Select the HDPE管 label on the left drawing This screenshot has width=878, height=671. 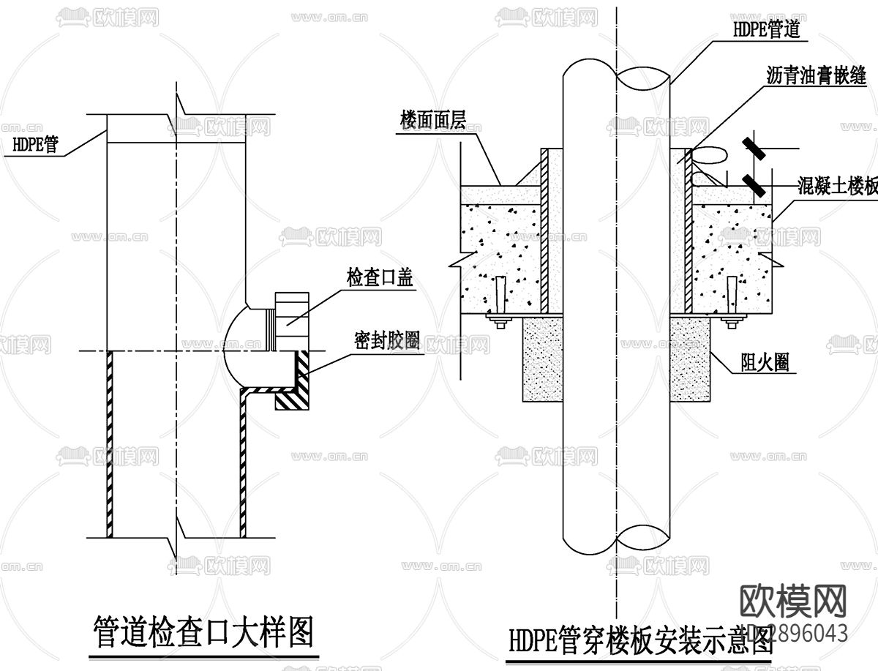click(36, 144)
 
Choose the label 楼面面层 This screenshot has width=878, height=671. click(432, 120)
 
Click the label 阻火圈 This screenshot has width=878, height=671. click(765, 361)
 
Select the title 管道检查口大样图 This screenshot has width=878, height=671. click(204, 631)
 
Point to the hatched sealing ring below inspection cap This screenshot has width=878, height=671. click(297, 382)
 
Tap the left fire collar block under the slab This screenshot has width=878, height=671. click(541, 359)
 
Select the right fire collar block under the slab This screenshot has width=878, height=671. click(691, 359)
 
